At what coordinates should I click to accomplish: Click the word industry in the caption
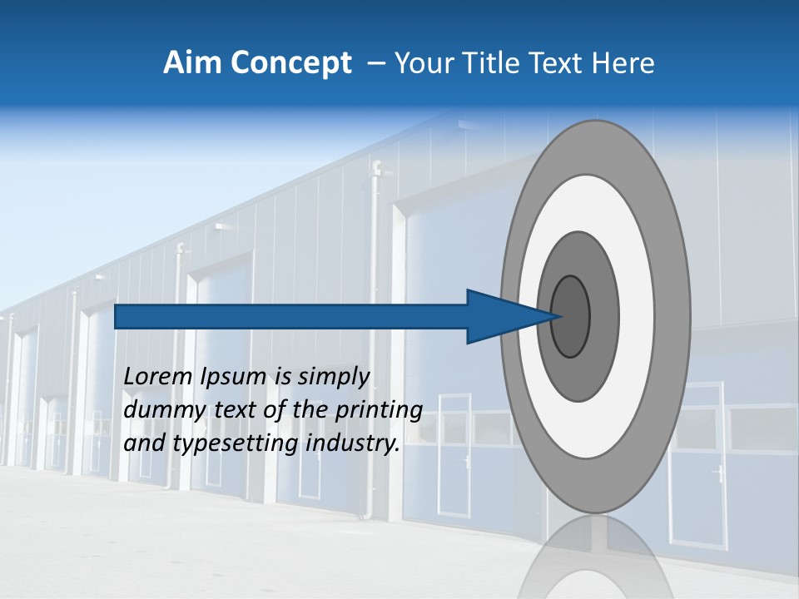click(x=353, y=443)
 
